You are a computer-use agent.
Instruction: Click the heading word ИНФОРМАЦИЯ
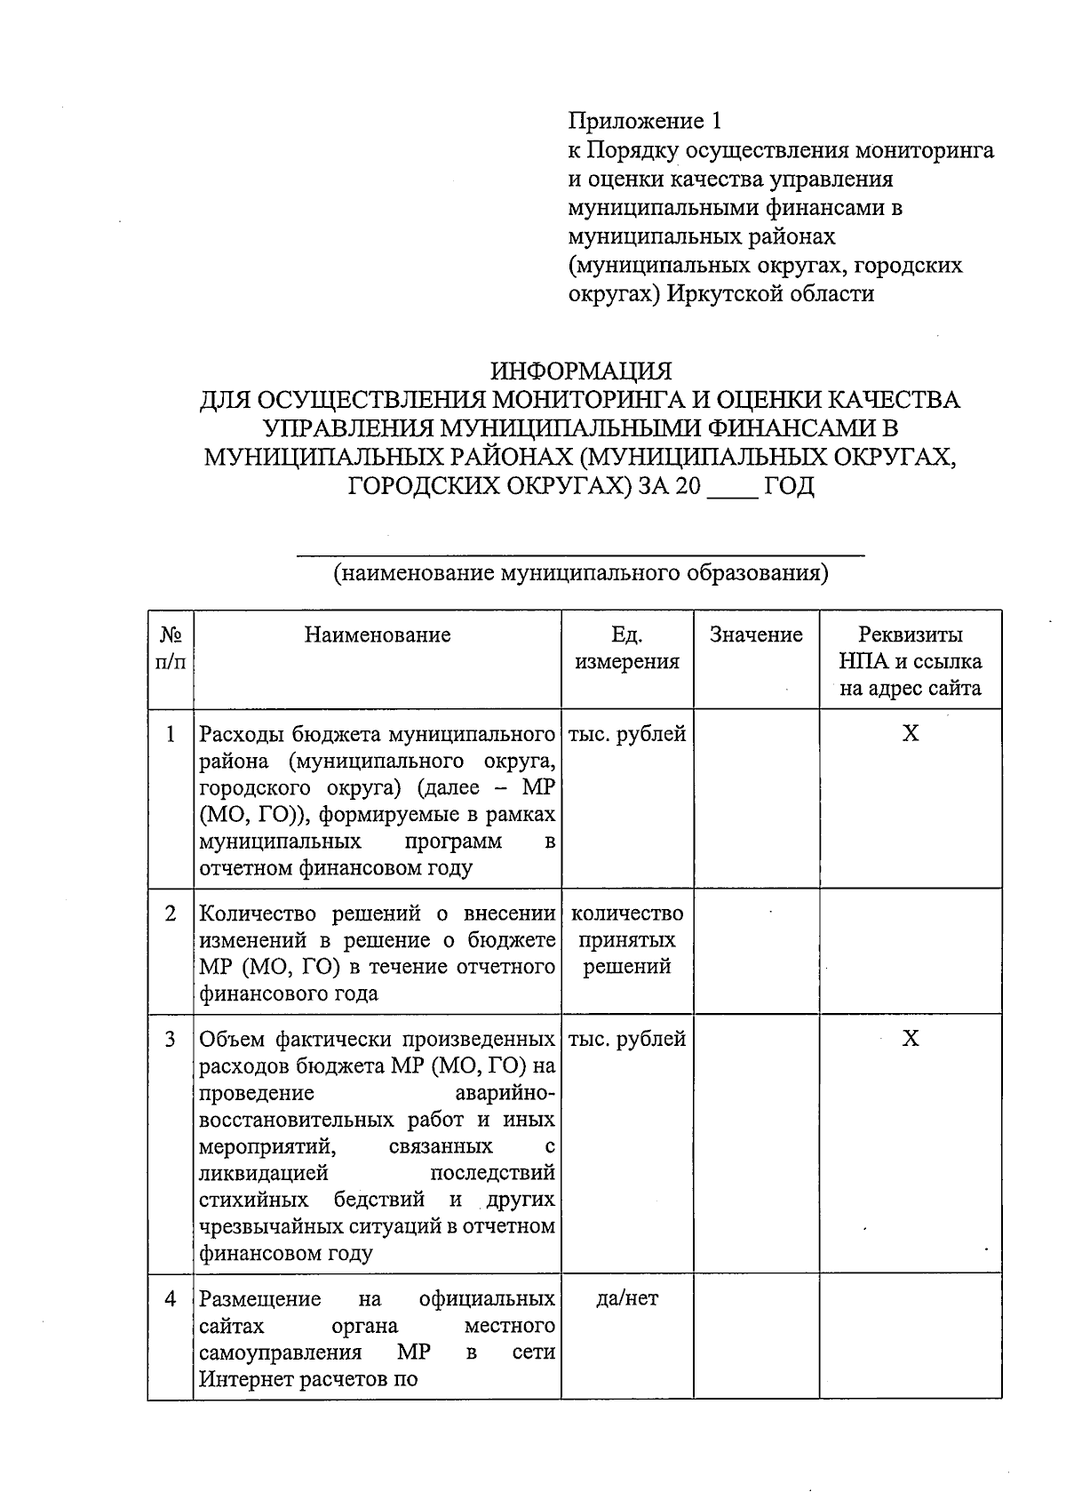pyautogui.click(x=582, y=370)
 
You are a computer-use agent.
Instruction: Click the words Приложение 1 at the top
pyautogui.click(x=648, y=121)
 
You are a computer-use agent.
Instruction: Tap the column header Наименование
pyautogui.click(x=378, y=634)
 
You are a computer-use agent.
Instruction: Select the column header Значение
pyautogui.click(x=756, y=634)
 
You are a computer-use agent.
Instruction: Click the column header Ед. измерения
pyautogui.click(x=627, y=648)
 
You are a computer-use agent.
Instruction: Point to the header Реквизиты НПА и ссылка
pyautogui.click(x=911, y=661)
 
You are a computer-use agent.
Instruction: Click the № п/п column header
pyautogui.click(x=171, y=648)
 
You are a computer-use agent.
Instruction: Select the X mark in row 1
pyautogui.click(x=911, y=733)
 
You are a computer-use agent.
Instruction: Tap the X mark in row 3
pyautogui.click(x=911, y=1038)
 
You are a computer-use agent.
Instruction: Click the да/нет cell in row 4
pyautogui.click(x=627, y=1298)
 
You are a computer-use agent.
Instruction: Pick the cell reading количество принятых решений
pyautogui.click(x=627, y=940)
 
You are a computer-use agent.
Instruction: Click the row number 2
pyautogui.click(x=171, y=914)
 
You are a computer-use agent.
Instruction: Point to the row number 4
pyautogui.click(x=171, y=1298)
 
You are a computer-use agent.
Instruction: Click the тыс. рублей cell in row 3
pyautogui.click(x=627, y=1038)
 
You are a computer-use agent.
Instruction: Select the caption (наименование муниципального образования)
pyautogui.click(x=581, y=572)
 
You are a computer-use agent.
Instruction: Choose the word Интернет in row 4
pyautogui.click(x=240, y=1379)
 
